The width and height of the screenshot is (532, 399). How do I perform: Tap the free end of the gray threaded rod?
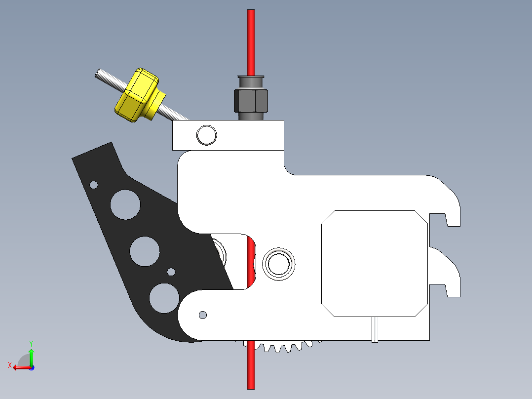point(99,74)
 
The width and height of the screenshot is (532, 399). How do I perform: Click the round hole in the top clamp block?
point(206,135)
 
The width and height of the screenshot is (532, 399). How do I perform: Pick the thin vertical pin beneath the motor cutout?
point(375,329)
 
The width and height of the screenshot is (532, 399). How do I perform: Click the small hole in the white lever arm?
point(202,315)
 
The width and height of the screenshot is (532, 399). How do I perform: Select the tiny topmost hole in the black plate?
point(94,185)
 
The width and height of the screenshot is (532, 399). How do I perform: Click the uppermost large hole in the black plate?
point(125,204)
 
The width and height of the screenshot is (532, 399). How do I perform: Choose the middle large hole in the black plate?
point(145,251)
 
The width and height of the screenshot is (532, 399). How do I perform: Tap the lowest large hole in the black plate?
point(164,298)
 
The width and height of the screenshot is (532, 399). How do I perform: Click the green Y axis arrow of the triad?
point(31,355)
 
